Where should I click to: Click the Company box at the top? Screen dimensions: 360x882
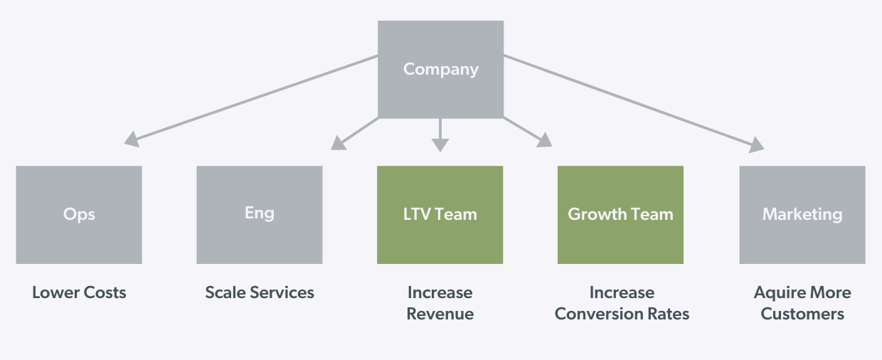[440, 69]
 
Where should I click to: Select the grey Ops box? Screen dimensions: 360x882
[79, 214]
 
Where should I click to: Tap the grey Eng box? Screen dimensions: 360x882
[259, 214]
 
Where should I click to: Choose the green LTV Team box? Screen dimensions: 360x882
[440, 214]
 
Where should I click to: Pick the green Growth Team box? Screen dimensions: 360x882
[620, 214]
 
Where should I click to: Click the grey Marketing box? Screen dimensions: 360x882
[802, 214]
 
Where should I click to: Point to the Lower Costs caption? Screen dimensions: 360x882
[79, 292]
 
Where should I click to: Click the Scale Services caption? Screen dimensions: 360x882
[260, 292]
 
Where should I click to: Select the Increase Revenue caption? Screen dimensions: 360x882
[440, 303]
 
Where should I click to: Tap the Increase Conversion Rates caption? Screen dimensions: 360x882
[622, 303]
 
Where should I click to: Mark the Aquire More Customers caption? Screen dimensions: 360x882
[802, 303]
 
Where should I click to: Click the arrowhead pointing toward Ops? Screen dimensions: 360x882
[131, 140]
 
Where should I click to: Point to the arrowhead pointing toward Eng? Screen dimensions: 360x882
[339, 144]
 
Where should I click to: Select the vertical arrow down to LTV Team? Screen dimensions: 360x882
[440, 135]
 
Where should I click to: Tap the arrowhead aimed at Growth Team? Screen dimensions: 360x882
[545, 140]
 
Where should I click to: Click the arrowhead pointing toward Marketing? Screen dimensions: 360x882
[757, 145]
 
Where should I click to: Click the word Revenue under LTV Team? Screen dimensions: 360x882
[440, 314]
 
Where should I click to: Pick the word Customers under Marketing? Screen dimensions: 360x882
[802, 314]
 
